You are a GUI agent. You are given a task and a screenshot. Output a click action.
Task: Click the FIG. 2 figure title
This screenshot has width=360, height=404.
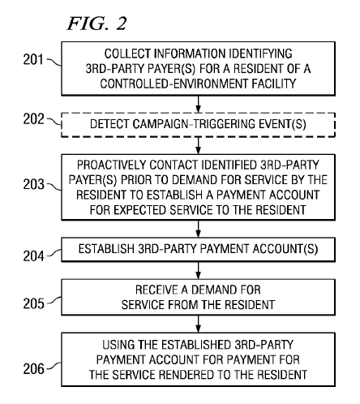(96, 24)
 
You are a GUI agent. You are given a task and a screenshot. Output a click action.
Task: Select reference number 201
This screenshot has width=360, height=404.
(33, 59)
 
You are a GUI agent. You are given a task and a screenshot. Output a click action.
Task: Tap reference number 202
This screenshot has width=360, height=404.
(33, 118)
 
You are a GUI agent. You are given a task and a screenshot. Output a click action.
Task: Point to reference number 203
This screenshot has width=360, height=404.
(33, 184)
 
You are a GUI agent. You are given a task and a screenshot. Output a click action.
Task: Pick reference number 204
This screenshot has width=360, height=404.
(33, 256)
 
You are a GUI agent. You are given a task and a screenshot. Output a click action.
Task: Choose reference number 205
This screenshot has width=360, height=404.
(33, 303)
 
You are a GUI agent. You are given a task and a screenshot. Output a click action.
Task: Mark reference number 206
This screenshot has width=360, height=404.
(33, 368)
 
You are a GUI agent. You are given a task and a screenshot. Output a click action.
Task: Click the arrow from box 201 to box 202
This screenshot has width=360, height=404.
(199, 104)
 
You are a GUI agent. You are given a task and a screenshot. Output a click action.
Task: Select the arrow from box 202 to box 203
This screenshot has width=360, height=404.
(199, 145)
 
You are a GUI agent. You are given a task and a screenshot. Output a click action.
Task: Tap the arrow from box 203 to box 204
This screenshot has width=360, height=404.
(199, 229)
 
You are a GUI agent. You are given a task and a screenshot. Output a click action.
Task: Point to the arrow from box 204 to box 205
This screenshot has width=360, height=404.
(199, 270)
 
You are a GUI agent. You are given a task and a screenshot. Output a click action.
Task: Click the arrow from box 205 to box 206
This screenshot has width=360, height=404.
(199, 324)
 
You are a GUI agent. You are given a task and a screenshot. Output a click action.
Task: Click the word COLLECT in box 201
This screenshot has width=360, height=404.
(127, 54)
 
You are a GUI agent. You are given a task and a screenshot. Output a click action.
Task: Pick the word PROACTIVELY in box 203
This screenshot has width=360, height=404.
(111, 165)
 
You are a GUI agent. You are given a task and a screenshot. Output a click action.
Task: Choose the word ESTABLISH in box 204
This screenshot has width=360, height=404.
(106, 249)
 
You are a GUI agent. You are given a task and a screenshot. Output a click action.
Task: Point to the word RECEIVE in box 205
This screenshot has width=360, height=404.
(156, 290)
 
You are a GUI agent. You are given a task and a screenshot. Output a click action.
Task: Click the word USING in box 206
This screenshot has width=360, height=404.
(118, 345)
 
